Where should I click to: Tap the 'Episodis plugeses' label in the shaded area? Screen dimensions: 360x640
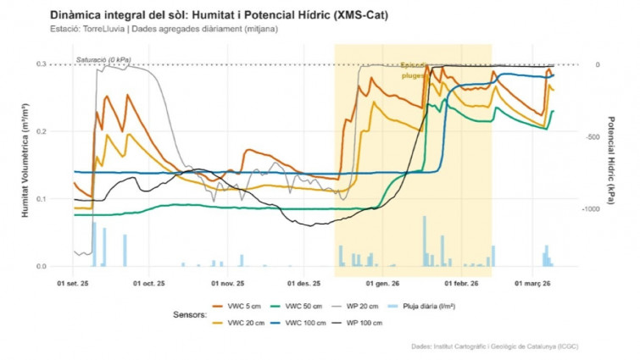(x=415, y=70)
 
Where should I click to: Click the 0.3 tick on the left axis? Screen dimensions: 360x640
(x=41, y=64)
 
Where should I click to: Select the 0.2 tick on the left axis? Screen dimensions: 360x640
(x=41, y=131)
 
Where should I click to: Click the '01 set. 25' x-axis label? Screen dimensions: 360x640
(x=75, y=284)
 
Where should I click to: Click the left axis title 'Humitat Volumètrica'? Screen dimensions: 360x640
(x=26, y=165)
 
